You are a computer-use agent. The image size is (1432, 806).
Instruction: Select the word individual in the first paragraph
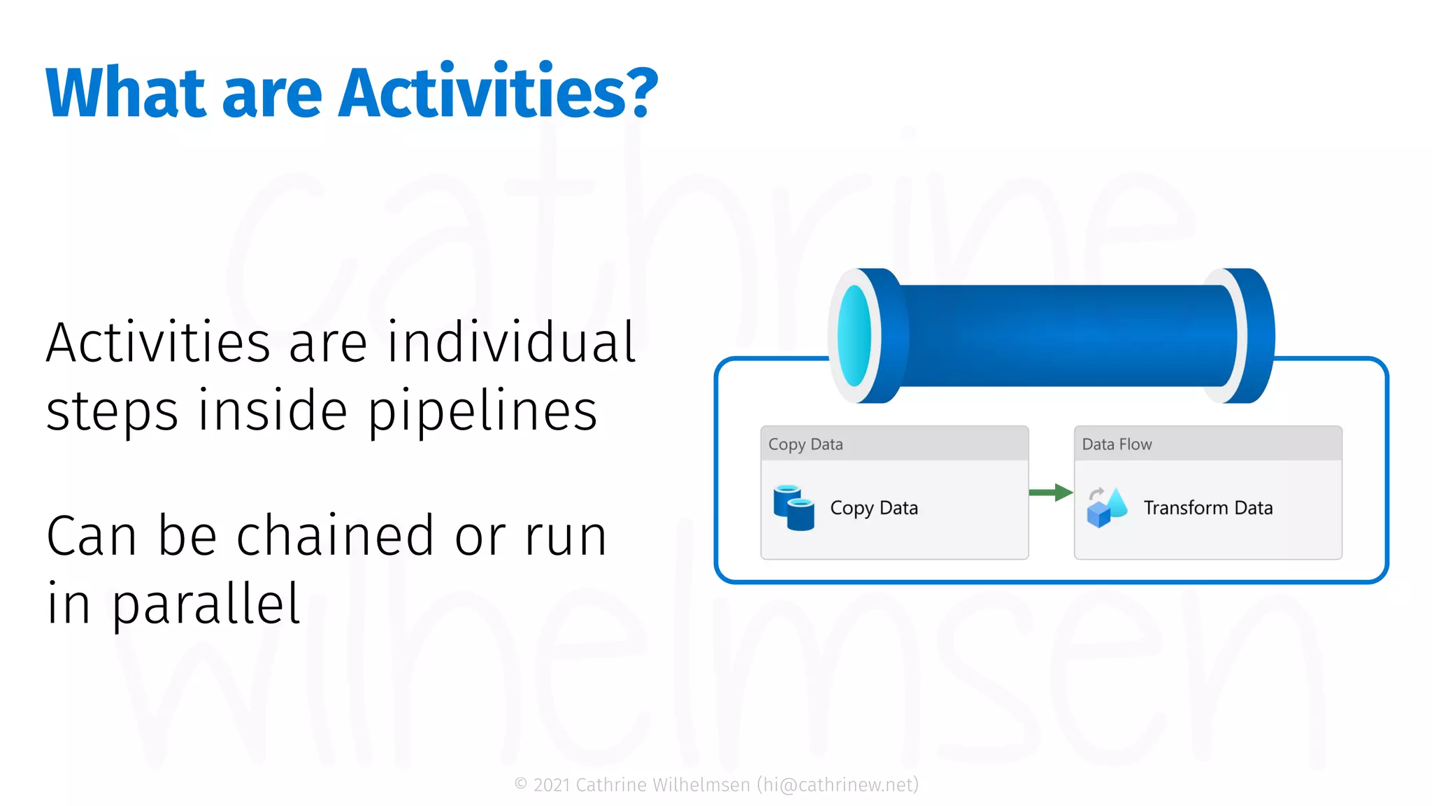coord(511,343)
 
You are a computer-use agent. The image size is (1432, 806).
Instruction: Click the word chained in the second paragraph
coord(336,536)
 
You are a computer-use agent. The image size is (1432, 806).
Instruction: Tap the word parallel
coord(206,604)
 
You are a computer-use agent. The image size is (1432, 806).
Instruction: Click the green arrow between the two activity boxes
coord(1050,493)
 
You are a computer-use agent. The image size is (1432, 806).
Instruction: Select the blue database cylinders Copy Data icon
coord(794,507)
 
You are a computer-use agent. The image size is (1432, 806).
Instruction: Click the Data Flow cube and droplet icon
coord(1107,507)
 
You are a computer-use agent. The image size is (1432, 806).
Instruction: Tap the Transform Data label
coord(1208,508)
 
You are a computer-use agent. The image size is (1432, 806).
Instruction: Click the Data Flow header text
coord(1117,444)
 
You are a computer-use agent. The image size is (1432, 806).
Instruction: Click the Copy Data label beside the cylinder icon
coord(873,508)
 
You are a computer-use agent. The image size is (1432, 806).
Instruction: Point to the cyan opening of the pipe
coord(854,336)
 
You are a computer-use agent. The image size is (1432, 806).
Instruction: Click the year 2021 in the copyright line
coord(552,785)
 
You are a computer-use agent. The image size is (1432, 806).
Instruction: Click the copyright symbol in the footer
coord(521,784)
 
